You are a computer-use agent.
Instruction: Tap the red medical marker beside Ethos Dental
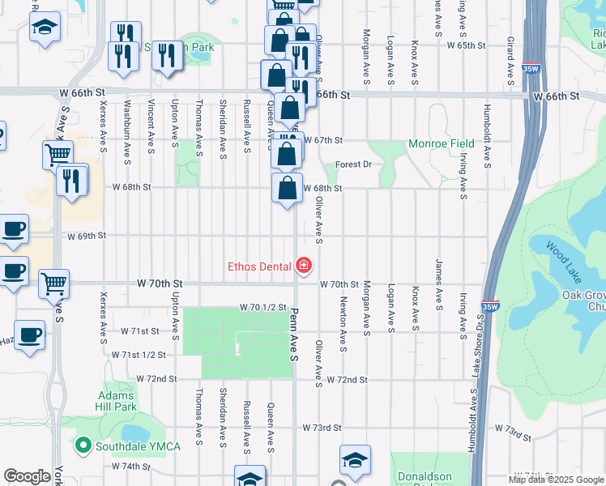pyautogui.click(x=304, y=265)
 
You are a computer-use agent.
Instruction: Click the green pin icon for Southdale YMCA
pyautogui.click(x=82, y=445)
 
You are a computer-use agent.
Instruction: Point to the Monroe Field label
pyautogui.click(x=441, y=144)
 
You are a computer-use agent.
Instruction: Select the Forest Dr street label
pyautogui.click(x=352, y=164)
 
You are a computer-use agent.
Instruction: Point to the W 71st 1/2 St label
pyautogui.click(x=143, y=355)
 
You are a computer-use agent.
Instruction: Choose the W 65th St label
pyautogui.click(x=469, y=46)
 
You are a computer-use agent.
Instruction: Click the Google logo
pyautogui.click(x=27, y=476)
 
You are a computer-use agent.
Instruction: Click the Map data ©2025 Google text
pyautogui.click(x=557, y=480)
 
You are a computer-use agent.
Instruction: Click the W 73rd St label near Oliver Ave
pyautogui.click(x=322, y=427)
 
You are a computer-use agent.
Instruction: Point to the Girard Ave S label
pyautogui.click(x=510, y=61)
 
